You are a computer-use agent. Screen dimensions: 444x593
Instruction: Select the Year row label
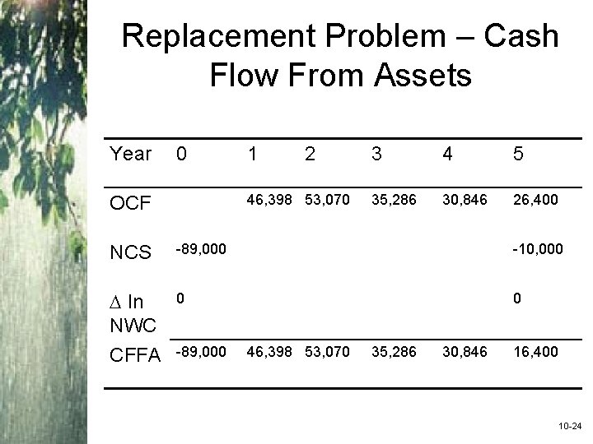click(x=131, y=154)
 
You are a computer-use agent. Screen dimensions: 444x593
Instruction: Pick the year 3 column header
click(x=376, y=154)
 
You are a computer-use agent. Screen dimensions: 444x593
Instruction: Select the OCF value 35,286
click(x=395, y=198)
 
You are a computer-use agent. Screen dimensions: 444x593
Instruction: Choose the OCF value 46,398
click(x=262, y=198)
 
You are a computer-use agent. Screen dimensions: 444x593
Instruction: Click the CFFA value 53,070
click(x=327, y=352)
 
